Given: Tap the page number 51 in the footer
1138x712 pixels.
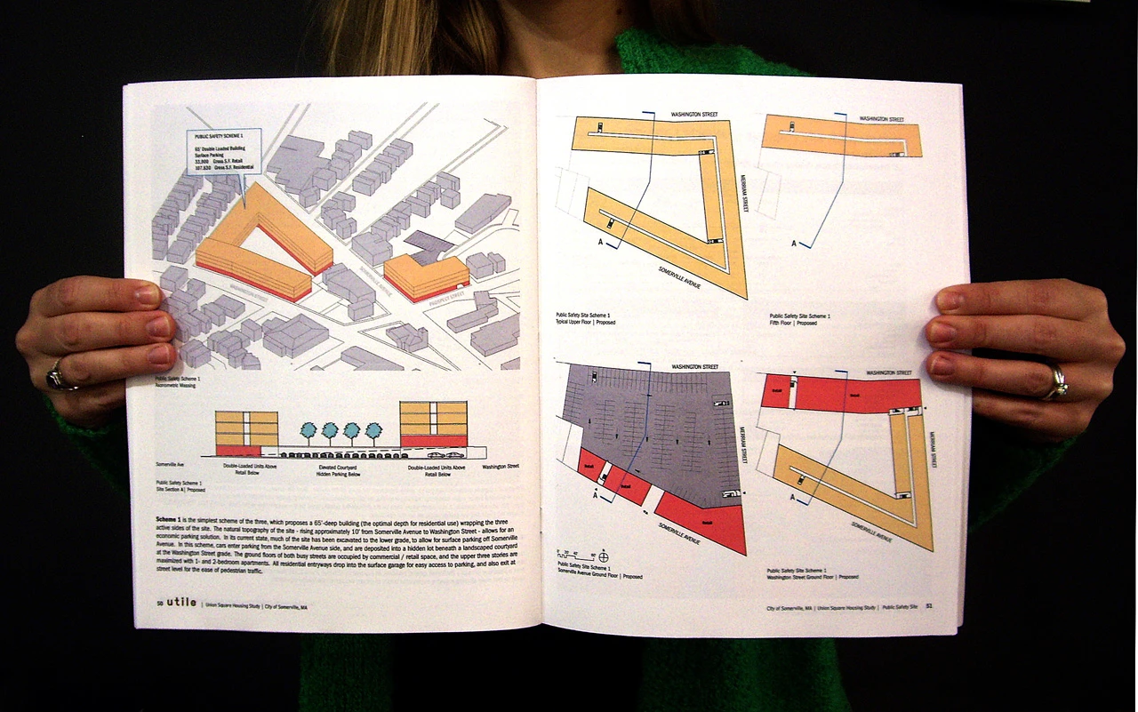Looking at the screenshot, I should click(x=928, y=607).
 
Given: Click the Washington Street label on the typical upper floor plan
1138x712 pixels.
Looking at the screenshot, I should click(x=694, y=115).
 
